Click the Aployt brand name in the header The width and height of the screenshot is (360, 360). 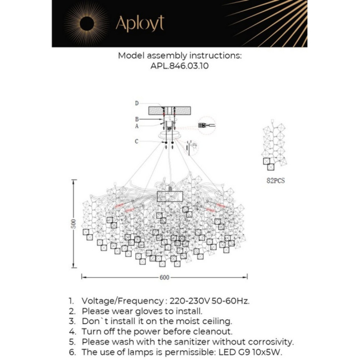click(140, 24)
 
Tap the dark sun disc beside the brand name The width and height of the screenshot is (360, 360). click(86, 24)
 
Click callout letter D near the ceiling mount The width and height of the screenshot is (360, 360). click(137, 103)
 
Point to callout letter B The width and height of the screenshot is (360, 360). click(137, 119)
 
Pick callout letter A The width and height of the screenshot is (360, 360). click(137, 126)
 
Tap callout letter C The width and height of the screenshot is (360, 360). click(136, 141)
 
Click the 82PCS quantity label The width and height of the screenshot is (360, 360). click(275, 181)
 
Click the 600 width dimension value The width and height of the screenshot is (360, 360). click(164, 277)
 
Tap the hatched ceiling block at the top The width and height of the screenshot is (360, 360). click(170, 111)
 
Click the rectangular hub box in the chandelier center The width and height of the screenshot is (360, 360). click(171, 196)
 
